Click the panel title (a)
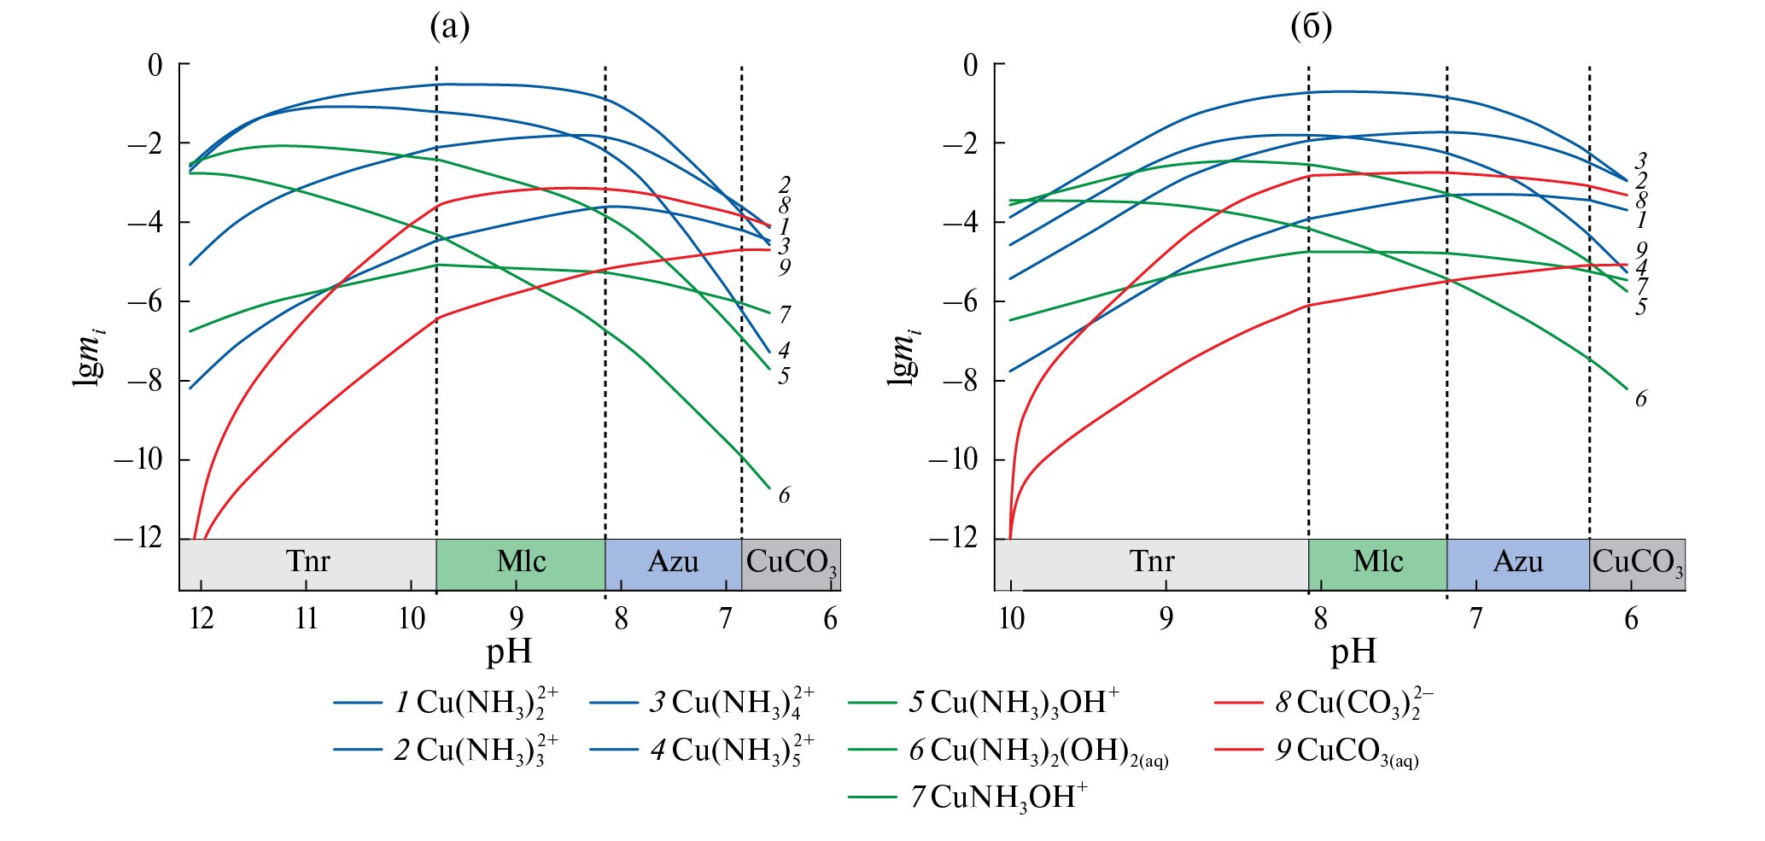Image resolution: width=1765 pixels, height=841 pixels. coord(449,27)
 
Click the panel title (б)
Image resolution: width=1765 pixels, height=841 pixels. coord(1311,27)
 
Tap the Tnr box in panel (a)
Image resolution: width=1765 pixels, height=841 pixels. coord(307,563)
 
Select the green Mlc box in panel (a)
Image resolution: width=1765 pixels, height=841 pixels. coord(521,563)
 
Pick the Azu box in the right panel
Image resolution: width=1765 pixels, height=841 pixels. coord(1517,563)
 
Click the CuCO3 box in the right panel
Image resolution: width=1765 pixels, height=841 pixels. coord(1637,563)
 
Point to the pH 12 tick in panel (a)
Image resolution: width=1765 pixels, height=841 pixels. coord(202,617)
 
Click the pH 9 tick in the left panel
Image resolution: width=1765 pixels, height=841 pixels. coord(517,617)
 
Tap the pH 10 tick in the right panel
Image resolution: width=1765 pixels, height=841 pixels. coord(1012,617)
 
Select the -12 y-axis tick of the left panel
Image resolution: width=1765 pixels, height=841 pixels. coord(138,539)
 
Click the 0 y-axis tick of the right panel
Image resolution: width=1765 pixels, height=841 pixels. coord(971,65)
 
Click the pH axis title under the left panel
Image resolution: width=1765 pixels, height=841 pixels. coord(510,653)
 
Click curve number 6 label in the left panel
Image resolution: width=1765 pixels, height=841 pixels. coord(784,495)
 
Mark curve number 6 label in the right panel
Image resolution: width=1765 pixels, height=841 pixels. coord(1640,399)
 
